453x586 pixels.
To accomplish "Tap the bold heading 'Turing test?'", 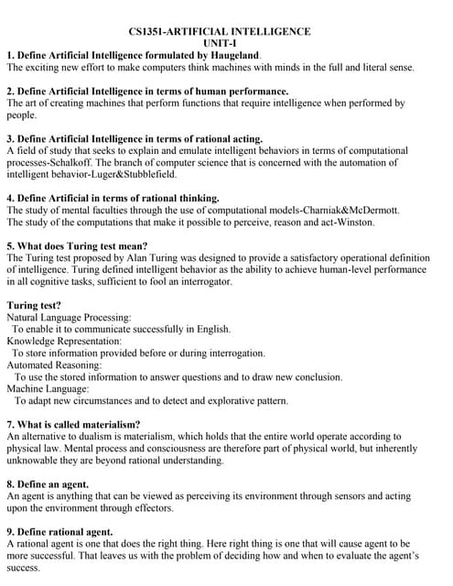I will pyautogui.click(x=34, y=305).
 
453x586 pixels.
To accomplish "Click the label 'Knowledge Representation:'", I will pyautogui.click(x=63, y=341).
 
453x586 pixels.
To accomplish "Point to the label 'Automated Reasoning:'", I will pyautogui.click(x=54, y=364).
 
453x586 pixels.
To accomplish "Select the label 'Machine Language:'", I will pyautogui.click(x=49, y=388).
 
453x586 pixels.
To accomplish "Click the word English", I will pyautogui.click(x=212, y=329).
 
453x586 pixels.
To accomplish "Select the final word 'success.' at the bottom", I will pyautogui.click(x=24, y=568).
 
